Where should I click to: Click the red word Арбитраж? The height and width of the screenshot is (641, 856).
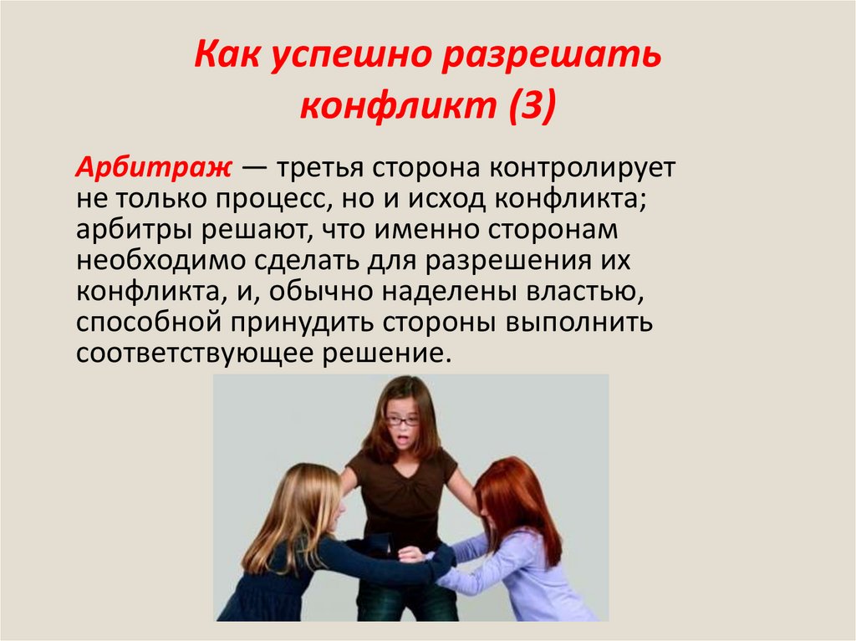tap(154, 168)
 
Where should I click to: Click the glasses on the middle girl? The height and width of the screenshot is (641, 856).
tap(404, 421)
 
